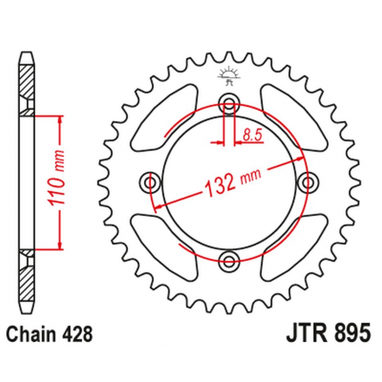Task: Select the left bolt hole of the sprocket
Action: click(151, 182)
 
